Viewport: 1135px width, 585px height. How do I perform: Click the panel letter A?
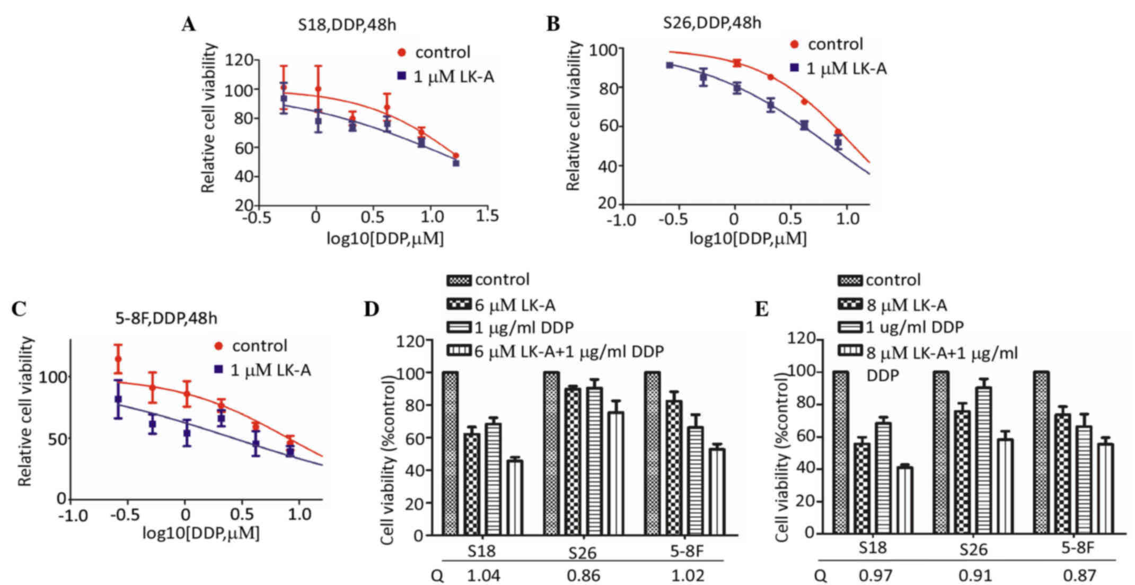pyautogui.click(x=189, y=24)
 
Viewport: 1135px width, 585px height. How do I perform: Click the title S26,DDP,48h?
pyautogui.click(x=712, y=23)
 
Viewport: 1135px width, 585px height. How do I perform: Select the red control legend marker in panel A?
pyautogui.click(x=402, y=53)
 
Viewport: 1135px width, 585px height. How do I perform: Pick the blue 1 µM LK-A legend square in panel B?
pyautogui.click(x=794, y=68)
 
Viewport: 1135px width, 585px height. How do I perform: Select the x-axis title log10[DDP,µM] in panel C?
pyautogui.click(x=201, y=533)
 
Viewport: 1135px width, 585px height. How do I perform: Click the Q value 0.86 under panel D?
pyautogui.click(x=583, y=575)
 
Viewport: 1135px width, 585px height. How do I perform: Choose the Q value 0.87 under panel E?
pyautogui.click(x=1079, y=575)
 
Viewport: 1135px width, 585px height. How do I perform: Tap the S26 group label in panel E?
pyautogui.click(x=973, y=549)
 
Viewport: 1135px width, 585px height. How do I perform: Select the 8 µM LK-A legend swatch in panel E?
pyautogui.click(x=851, y=305)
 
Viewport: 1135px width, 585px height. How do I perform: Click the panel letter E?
pyautogui.click(x=761, y=309)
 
